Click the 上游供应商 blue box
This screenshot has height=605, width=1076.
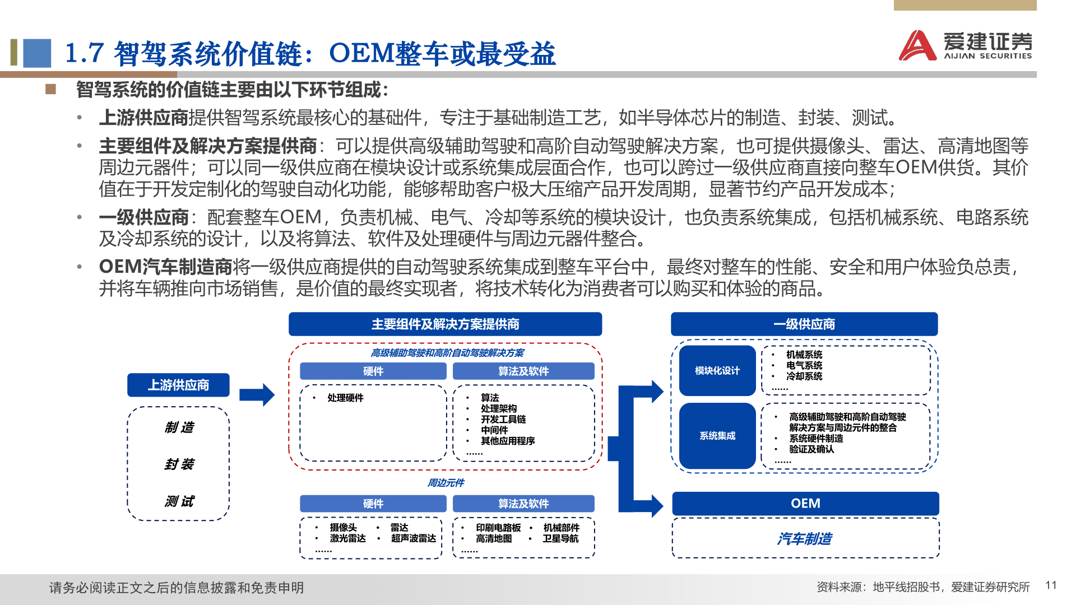tap(178, 385)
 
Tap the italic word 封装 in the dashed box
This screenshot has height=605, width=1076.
tap(179, 464)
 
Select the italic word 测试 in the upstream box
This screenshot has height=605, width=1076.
tap(179, 501)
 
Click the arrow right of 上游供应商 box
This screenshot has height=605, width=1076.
tap(257, 395)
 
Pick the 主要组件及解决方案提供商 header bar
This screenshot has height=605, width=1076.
tap(445, 324)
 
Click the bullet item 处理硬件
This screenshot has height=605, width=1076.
tap(345, 398)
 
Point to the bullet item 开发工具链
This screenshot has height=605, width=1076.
tap(503, 419)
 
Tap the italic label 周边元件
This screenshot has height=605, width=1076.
tap(446, 482)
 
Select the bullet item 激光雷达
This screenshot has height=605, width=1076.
tap(347, 538)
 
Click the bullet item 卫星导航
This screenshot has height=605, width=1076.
tap(560, 538)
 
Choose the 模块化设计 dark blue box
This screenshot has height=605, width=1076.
tap(717, 370)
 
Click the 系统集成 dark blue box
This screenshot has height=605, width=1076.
tap(717, 435)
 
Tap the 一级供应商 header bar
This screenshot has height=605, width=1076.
tap(804, 324)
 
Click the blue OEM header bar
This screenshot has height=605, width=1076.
tap(805, 503)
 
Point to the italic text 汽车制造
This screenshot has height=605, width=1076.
tap(804, 538)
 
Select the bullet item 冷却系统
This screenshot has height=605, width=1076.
tap(804, 376)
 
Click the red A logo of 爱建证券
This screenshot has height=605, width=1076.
tap(917, 46)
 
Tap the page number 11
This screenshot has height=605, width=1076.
tap(1051, 585)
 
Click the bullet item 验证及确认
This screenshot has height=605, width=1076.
tap(811, 449)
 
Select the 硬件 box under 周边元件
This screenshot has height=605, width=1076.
tap(373, 503)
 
